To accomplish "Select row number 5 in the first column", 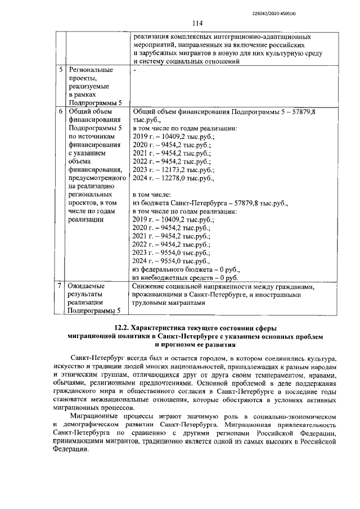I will [x=61, y=70].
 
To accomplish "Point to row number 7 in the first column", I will [x=61, y=286].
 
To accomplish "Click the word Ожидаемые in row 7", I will [x=86, y=286].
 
